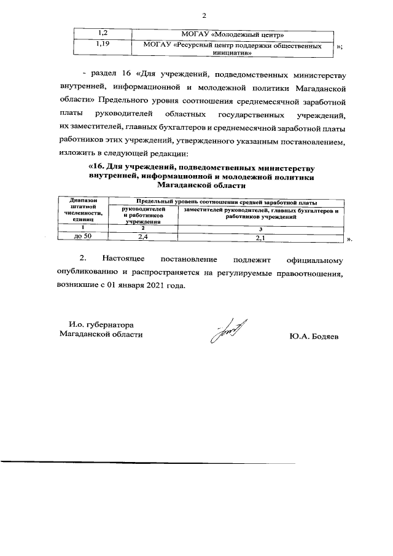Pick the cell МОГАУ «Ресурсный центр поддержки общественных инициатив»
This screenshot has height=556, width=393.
(x=232, y=49)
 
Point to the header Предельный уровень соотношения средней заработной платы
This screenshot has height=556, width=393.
(x=226, y=202)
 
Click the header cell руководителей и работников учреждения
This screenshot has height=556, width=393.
(x=142, y=216)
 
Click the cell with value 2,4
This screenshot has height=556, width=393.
(x=142, y=236)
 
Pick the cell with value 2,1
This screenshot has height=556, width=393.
(x=260, y=237)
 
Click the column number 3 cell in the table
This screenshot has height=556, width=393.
(x=260, y=229)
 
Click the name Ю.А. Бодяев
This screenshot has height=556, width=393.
(x=313, y=336)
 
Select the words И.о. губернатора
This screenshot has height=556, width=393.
(x=101, y=324)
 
